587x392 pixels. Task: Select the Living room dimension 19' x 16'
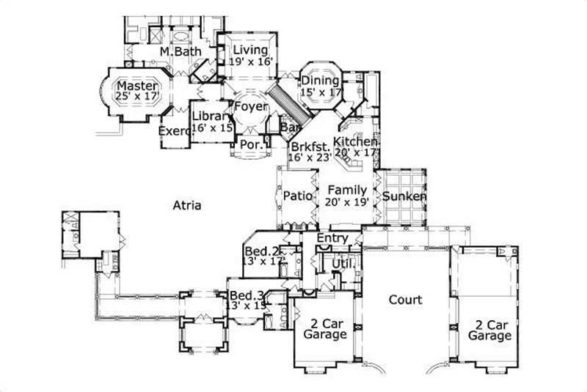(250, 63)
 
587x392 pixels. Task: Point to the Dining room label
(321, 80)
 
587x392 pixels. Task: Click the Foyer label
(250, 107)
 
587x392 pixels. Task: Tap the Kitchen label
(355, 141)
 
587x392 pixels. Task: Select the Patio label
(298, 196)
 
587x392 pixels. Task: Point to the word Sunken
(404, 196)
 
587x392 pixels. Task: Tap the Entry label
(332, 239)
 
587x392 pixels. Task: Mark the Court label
(405, 300)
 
